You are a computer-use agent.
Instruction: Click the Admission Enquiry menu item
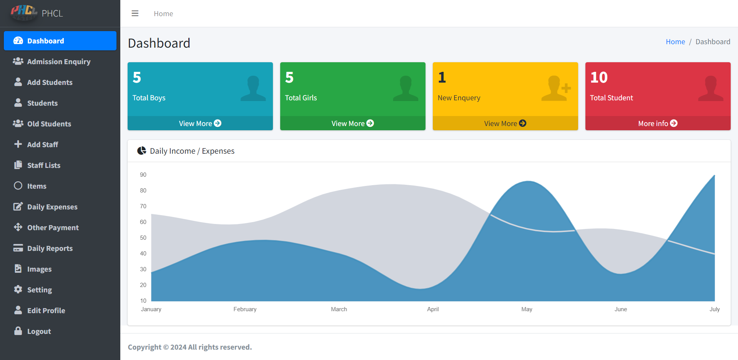[x=58, y=61]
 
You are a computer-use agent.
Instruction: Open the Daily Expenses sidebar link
[x=52, y=207]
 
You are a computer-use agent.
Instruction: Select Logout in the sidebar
[x=39, y=331]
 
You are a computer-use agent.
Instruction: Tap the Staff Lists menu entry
[x=43, y=165]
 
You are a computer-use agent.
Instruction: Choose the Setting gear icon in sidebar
[x=18, y=289]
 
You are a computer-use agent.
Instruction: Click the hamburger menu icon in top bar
[x=135, y=13]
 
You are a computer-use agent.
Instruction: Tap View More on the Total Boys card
[x=200, y=123]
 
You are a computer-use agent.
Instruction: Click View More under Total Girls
[x=352, y=123]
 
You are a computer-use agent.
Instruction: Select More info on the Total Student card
[x=658, y=123]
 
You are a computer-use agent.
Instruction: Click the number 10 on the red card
[x=599, y=78]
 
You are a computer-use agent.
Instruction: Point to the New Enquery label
[x=459, y=98]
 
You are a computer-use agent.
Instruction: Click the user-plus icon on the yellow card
[x=556, y=88]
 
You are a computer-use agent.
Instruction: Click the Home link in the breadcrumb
[x=675, y=42]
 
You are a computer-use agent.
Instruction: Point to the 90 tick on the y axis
[x=143, y=175]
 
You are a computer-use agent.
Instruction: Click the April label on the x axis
[x=433, y=309]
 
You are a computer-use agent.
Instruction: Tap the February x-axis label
[x=245, y=309]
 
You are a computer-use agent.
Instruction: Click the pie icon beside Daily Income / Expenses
[x=142, y=151]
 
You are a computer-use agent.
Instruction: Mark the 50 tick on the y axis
[x=143, y=238]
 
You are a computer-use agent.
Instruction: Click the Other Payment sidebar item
[x=53, y=227]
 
